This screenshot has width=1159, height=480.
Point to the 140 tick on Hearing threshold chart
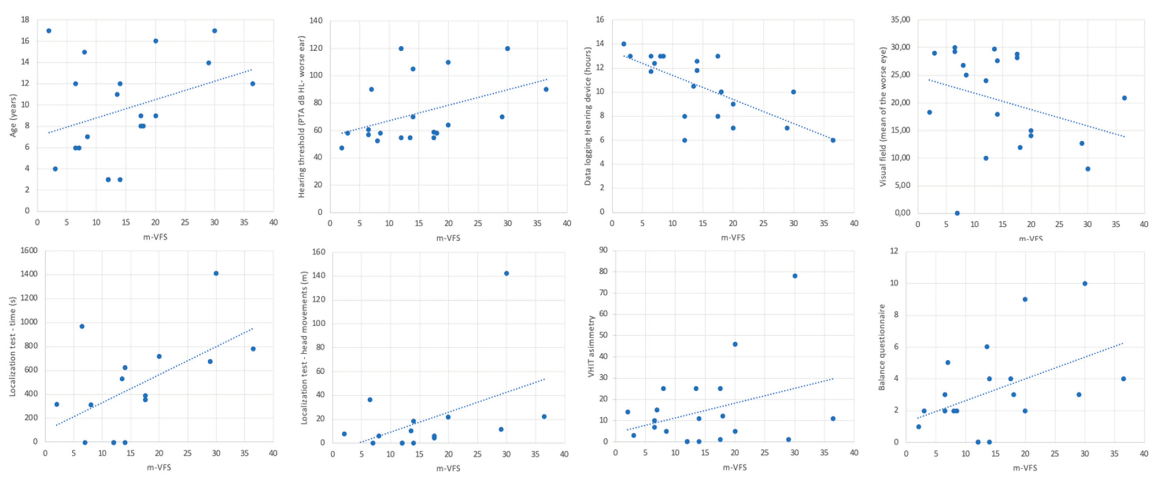click(316, 21)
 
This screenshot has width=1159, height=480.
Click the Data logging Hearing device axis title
click(588, 116)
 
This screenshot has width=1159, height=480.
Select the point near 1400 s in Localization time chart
click(216, 273)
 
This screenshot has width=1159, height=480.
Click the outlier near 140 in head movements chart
click(506, 273)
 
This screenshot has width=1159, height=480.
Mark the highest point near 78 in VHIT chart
click(795, 276)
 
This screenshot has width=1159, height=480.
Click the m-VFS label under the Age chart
click(155, 237)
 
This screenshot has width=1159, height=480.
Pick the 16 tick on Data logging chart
click(600, 20)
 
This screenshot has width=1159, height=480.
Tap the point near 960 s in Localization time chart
click(82, 326)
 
